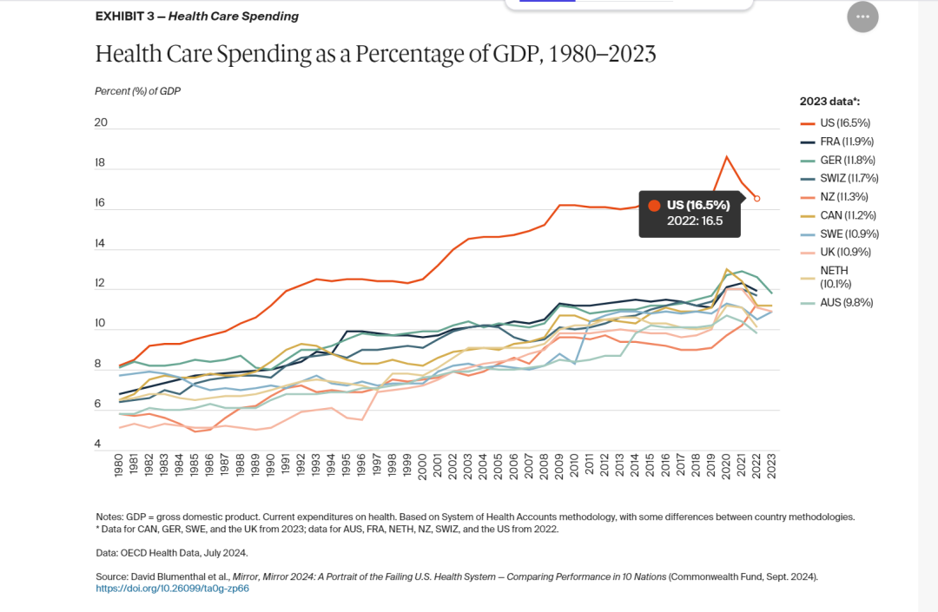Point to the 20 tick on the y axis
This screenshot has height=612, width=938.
[x=101, y=122]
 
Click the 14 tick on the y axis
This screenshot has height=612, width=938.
[x=101, y=244]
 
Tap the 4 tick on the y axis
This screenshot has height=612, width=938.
[x=98, y=444]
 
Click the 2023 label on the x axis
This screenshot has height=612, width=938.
[x=771, y=466]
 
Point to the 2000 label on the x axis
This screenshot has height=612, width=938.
[x=422, y=466]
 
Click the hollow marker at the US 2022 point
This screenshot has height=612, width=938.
[x=756, y=199]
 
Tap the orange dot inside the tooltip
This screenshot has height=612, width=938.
[x=654, y=205]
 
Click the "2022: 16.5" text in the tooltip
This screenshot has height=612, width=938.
[x=695, y=220]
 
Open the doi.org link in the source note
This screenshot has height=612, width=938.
[x=173, y=589]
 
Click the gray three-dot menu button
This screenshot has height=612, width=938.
[x=862, y=17]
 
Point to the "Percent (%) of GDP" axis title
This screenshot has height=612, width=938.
[x=137, y=91]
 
